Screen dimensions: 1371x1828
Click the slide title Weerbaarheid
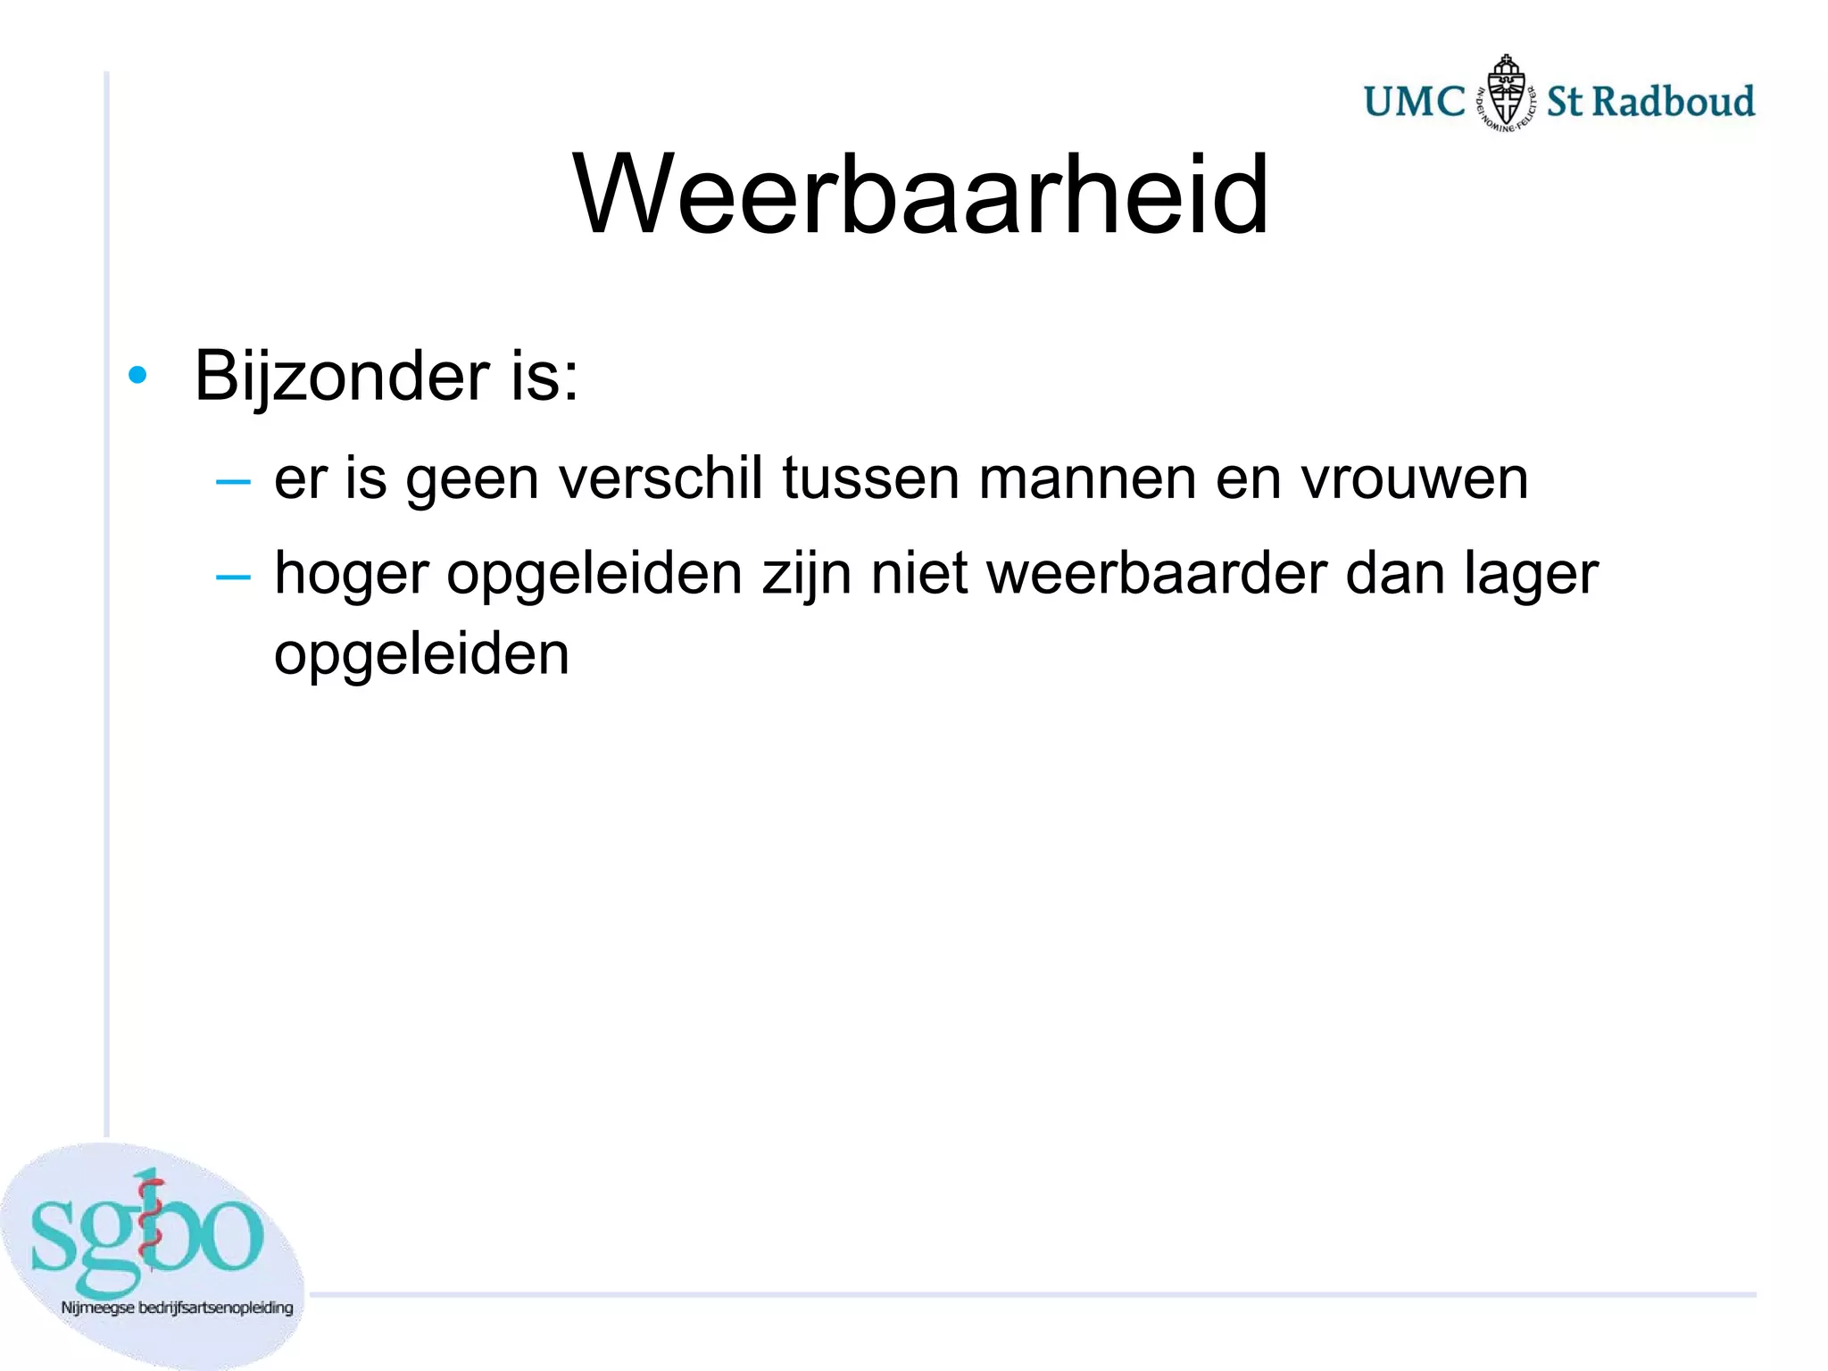pyautogui.click(x=920, y=194)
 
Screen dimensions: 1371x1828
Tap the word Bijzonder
pyautogui.click(x=342, y=376)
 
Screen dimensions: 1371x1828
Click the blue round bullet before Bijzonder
pyautogui.click(x=137, y=375)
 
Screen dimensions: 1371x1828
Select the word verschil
pyautogui.click(x=661, y=478)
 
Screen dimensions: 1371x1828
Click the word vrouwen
pyautogui.click(x=1415, y=478)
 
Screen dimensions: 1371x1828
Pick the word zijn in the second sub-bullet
pyautogui.click(x=808, y=574)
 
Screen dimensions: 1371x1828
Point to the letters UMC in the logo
pyautogui.click(x=1415, y=102)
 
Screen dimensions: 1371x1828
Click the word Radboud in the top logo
pyautogui.click(x=1674, y=101)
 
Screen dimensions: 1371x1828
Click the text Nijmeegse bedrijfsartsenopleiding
pyautogui.click(x=177, y=1308)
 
